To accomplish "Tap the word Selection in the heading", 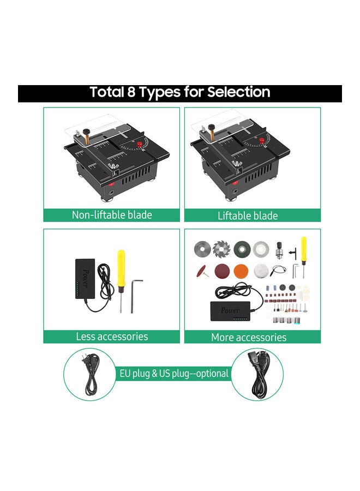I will coord(238,92).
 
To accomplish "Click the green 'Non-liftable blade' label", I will coord(112,215).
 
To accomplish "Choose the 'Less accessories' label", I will coord(112,337).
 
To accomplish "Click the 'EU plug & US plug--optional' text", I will coord(175,374).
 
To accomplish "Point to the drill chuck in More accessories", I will coord(281,250).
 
